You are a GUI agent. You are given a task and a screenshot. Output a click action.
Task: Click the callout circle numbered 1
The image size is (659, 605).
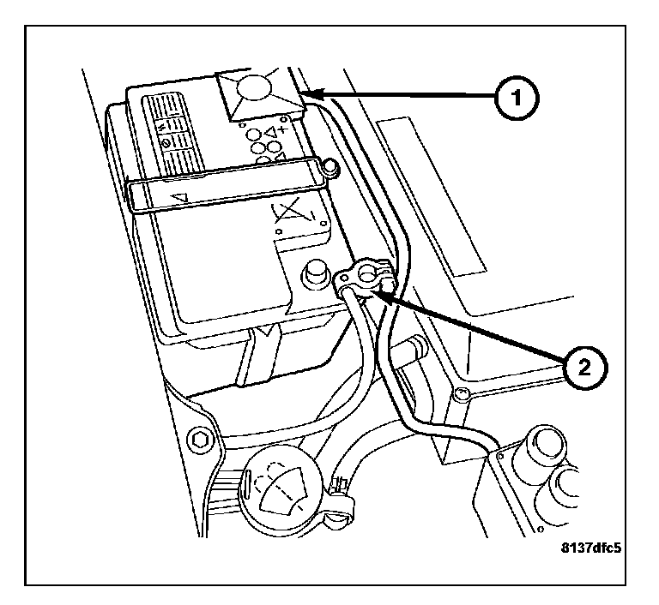coord(516,99)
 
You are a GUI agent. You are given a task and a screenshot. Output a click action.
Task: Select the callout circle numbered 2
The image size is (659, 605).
coord(584,368)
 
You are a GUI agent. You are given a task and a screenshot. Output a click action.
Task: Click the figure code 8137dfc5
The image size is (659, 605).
coord(590,548)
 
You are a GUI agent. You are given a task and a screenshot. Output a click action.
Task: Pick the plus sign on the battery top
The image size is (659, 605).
coord(284,129)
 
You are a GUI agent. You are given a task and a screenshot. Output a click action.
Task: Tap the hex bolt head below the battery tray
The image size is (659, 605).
coord(201,440)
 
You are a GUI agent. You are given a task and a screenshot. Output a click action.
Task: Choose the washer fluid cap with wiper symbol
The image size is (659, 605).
coord(281,489)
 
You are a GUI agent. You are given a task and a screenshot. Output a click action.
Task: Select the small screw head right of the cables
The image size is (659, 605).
coord(461,394)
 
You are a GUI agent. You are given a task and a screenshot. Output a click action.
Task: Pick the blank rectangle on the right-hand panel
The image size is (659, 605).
coord(431,196)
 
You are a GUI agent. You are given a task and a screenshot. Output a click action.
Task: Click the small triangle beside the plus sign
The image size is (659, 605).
coord(271,133)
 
